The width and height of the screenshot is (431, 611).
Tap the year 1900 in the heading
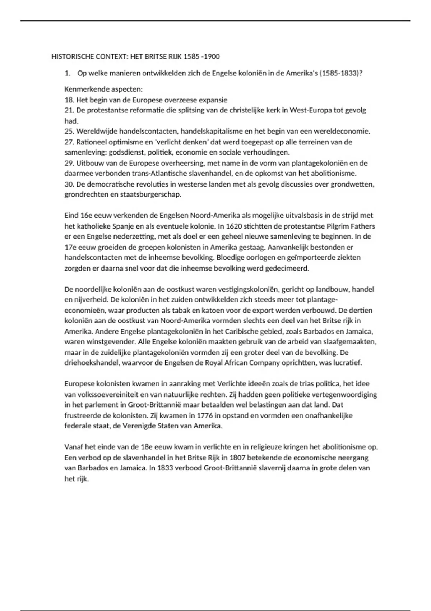[x=212, y=56]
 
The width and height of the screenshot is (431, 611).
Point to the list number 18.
[x=69, y=100]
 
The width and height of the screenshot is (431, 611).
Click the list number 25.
[x=69, y=131]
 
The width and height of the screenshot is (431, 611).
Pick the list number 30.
[x=69, y=184]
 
